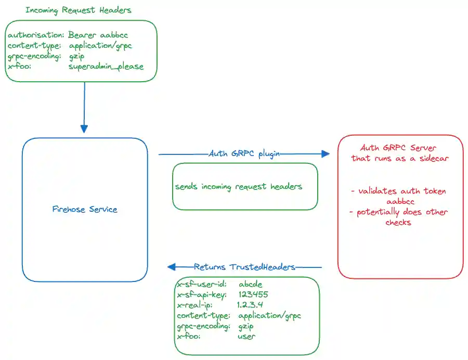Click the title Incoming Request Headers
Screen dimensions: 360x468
tap(79, 10)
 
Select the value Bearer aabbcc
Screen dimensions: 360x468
tap(98, 35)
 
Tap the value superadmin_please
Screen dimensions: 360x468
tap(106, 67)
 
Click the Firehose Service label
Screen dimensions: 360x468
tap(85, 210)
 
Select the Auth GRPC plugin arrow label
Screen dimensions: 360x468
tap(244, 153)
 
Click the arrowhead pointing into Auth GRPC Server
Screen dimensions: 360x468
tap(326, 153)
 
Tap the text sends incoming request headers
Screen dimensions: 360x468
tap(238, 186)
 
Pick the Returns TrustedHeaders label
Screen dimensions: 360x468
tap(244, 267)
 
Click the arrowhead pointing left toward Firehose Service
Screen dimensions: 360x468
tap(171, 267)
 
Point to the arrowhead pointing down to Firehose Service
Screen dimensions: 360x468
tap(84, 128)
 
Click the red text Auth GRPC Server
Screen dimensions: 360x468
tap(400, 148)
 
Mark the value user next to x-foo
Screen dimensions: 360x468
tap(246, 336)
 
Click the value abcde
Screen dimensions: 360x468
tap(251, 285)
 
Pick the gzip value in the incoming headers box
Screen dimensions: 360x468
tap(77, 56)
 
